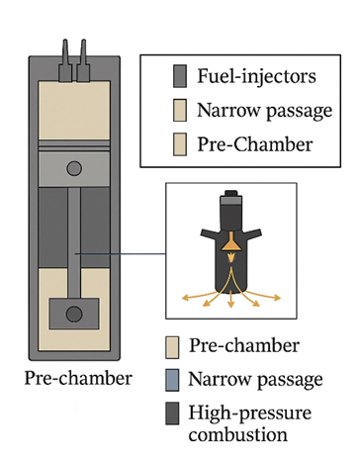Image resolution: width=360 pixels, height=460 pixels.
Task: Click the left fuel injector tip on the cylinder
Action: click(x=65, y=41)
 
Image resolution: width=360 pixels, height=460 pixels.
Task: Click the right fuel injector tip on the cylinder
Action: click(x=83, y=41)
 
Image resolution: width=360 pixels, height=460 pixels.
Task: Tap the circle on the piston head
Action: click(x=74, y=168)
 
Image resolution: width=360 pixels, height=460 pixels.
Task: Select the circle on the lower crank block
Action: click(x=74, y=314)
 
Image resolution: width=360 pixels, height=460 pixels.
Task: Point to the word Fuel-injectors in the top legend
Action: click(x=256, y=76)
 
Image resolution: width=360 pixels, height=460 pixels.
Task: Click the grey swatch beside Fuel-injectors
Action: click(x=180, y=76)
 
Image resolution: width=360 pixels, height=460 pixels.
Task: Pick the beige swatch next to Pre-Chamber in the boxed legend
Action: click(x=180, y=144)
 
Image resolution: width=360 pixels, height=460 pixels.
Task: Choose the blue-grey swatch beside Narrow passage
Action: click(x=172, y=380)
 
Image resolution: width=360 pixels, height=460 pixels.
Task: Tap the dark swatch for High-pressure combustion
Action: click(x=172, y=414)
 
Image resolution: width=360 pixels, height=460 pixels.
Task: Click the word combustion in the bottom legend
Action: click(x=238, y=434)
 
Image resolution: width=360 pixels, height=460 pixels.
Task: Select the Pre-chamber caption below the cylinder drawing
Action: click(x=78, y=379)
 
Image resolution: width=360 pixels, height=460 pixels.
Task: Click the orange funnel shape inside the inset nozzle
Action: click(x=230, y=242)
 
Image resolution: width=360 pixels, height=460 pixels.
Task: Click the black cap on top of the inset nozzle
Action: click(x=231, y=193)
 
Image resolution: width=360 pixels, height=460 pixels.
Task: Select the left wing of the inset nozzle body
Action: click(x=210, y=233)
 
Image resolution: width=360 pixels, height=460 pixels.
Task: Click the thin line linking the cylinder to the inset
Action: click(x=121, y=254)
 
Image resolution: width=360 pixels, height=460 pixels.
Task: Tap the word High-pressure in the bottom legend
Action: click(x=250, y=414)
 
